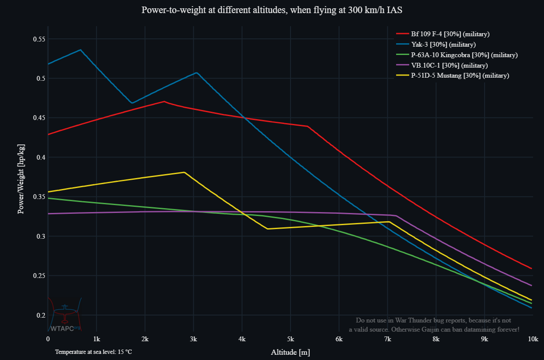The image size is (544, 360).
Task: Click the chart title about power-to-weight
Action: click(x=272, y=10)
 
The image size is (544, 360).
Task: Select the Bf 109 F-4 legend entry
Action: click(x=450, y=34)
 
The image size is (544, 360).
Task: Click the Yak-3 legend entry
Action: click(x=443, y=45)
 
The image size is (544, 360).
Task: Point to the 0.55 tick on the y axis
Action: click(x=39, y=39)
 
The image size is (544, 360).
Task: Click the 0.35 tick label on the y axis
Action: click(x=39, y=197)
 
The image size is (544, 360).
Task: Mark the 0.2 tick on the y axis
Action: click(x=41, y=315)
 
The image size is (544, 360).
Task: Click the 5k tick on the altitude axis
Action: click(x=291, y=339)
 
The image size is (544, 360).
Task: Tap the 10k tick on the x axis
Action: click(x=532, y=339)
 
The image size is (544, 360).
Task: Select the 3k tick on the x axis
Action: click(x=193, y=339)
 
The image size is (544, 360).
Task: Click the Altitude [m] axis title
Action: click(x=291, y=352)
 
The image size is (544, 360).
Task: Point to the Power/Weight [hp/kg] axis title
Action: click(x=21, y=178)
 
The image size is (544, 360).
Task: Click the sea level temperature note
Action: click(x=93, y=352)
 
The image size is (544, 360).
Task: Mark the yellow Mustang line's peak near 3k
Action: click(x=185, y=172)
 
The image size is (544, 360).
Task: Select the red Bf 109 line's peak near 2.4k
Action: click(x=164, y=102)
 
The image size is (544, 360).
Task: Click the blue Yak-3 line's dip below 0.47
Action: click(x=132, y=103)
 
